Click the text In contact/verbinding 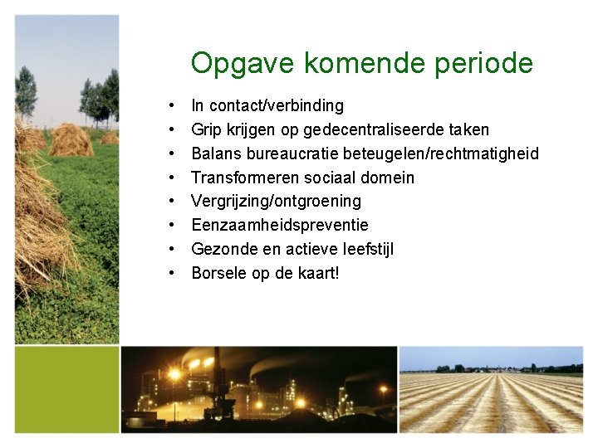tap(267, 105)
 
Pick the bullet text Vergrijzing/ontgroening tap(276, 202)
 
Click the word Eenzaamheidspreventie tap(279, 225)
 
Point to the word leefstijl tap(364, 249)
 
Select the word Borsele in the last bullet tap(218, 273)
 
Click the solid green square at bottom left tap(66, 389)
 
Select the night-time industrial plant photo tap(258, 389)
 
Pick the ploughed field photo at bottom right tap(492, 389)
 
